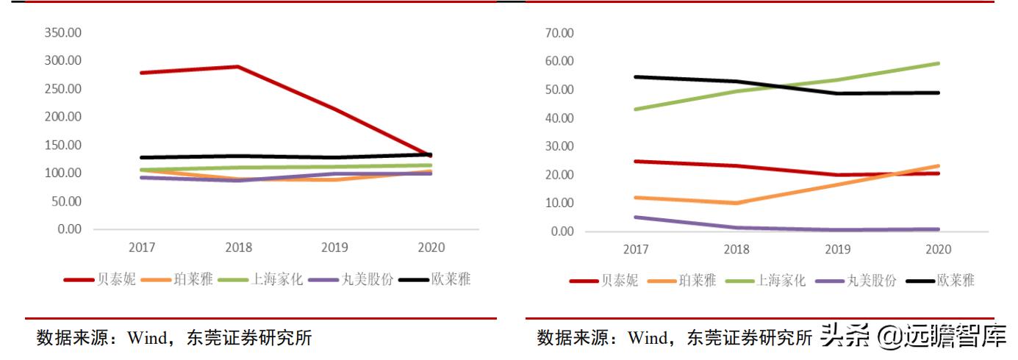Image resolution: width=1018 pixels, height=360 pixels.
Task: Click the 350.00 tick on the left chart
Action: [x=63, y=33]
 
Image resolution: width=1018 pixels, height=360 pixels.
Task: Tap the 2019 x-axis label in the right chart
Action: [x=838, y=249]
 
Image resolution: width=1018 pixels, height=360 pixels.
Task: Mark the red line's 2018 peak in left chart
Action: [x=237, y=67]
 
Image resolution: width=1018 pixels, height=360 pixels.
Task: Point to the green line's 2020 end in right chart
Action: [x=939, y=63]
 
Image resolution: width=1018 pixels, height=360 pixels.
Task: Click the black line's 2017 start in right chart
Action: [x=636, y=76]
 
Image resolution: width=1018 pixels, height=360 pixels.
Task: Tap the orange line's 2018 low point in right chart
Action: [x=736, y=203]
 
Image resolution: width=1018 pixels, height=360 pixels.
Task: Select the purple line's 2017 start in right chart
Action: [x=636, y=217]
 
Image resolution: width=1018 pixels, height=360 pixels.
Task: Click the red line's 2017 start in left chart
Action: [x=140, y=73]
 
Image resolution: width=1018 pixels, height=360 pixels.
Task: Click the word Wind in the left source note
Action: [x=149, y=338]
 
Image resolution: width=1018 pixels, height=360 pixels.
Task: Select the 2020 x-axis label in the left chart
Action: [x=430, y=248]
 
